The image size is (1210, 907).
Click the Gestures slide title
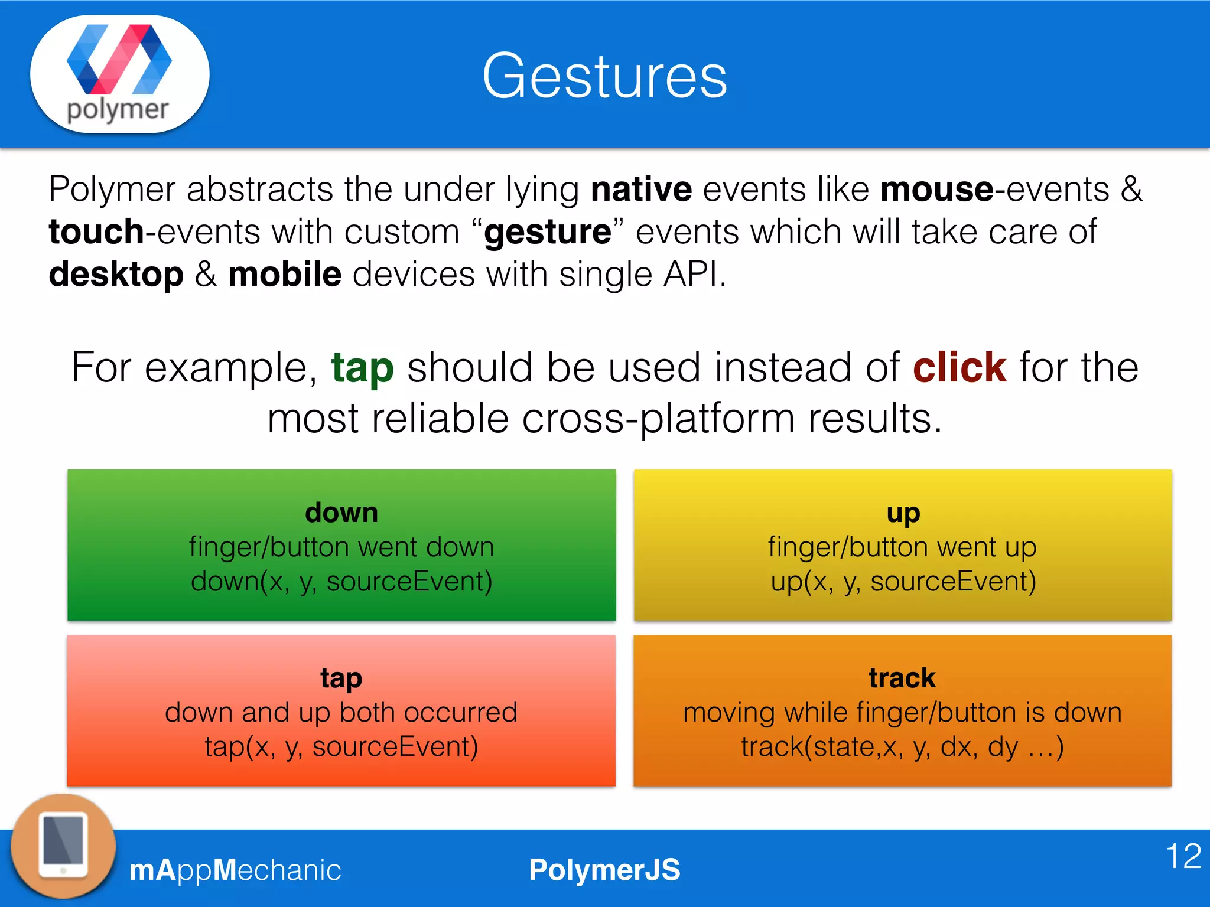point(604,77)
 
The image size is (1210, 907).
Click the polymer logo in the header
point(119,74)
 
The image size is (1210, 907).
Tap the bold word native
point(641,190)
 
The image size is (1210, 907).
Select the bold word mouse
point(936,190)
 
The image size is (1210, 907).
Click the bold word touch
point(96,231)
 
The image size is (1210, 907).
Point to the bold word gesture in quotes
point(548,231)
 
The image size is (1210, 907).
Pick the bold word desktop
point(116,275)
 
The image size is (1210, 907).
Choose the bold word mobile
point(285,275)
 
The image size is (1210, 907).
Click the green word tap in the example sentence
point(362,368)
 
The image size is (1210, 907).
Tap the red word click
point(959,368)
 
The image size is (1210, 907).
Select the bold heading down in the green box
point(341,512)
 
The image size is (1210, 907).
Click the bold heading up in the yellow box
point(903,513)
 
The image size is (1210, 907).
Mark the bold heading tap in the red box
point(341,678)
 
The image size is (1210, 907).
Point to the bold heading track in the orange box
point(902,678)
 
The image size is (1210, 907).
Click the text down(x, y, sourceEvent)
point(341,581)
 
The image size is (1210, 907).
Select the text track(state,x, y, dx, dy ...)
point(902,747)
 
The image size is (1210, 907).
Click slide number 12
point(1183,856)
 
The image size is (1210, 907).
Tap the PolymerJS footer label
point(604,870)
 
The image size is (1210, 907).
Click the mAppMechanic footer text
point(235,870)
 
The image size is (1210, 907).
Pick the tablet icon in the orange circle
point(63,846)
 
